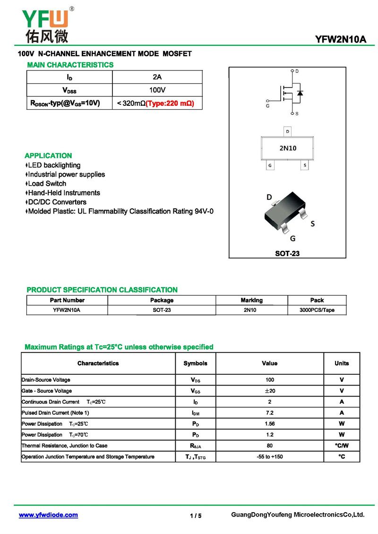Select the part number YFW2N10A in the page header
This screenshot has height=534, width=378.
point(341,39)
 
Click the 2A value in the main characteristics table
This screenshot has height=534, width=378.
point(157,77)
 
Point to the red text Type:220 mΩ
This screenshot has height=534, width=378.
point(170,103)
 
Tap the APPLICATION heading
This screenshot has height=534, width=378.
point(48,155)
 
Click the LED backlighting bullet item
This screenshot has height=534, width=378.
point(54,165)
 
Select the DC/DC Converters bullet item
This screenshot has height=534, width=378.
point(57,202)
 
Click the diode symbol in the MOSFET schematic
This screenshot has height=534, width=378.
point(300,93)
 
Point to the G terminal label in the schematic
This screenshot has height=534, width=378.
point(268,105)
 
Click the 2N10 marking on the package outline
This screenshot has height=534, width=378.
point(288,148)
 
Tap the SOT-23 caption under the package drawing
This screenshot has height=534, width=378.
point(287,253)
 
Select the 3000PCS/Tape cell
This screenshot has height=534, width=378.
point(317,310)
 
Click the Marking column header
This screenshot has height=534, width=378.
point(251,300)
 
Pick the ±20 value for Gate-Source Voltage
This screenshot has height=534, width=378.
point(269,391)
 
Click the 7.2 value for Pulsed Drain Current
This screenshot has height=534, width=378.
point(269,413)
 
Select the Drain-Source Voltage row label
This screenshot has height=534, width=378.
point(46,380)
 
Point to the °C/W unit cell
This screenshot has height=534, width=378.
point(342,446)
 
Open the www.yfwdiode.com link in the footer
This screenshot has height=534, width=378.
point(48,515)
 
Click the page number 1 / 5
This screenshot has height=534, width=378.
point(196,516)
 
